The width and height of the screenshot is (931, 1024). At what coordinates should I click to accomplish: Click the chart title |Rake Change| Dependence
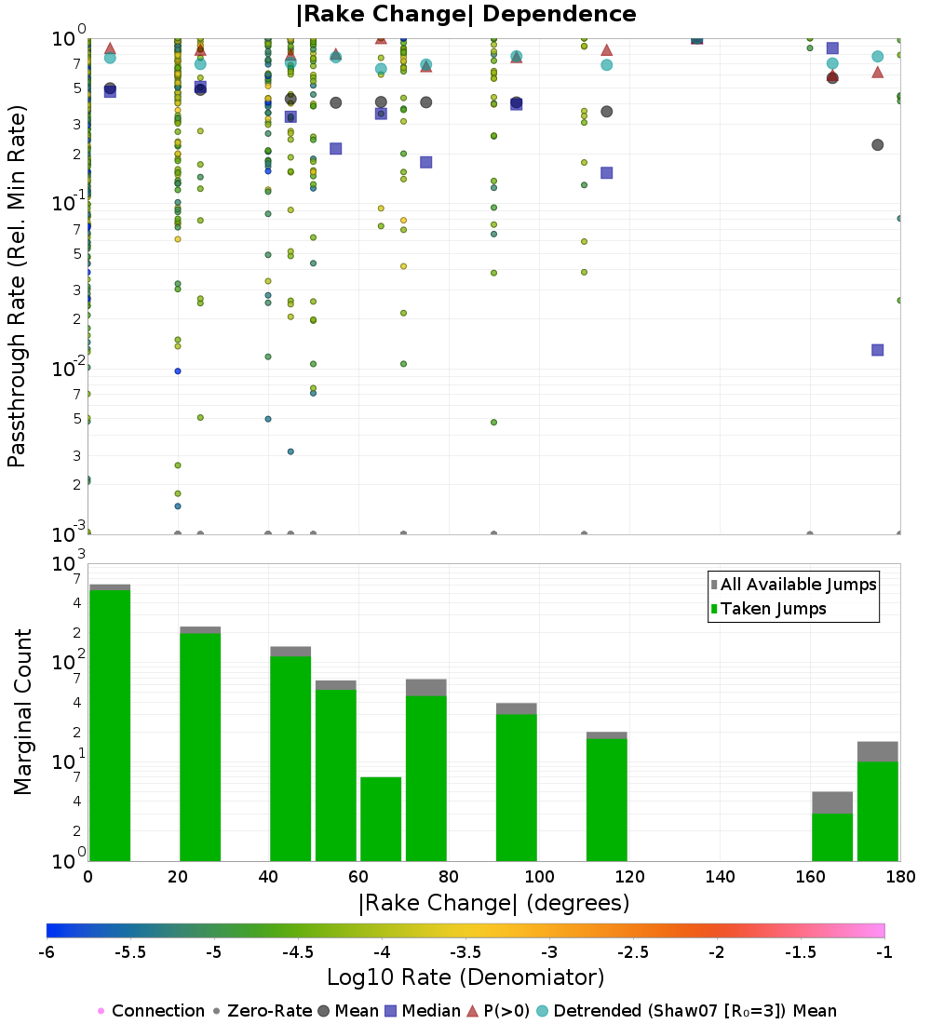(465, 14)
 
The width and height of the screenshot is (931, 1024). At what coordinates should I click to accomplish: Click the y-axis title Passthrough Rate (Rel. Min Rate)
(17, 286)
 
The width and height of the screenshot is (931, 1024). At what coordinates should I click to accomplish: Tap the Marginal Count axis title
(22, 712)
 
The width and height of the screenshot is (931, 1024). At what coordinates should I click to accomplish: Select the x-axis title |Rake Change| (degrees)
(494, 903)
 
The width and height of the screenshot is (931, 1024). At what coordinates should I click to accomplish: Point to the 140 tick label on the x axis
(720, 876)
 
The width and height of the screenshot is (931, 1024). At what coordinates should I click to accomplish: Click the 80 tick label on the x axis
(449, 876)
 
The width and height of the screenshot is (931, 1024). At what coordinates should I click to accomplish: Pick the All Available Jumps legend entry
(793, 585)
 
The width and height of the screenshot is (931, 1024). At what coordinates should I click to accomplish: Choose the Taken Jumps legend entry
(768, 609)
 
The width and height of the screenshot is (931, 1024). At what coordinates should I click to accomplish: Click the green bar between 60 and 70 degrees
(381, 819)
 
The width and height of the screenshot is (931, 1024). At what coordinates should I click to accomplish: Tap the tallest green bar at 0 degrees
(110, 725)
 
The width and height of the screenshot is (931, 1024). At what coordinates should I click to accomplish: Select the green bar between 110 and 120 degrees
(606, 800)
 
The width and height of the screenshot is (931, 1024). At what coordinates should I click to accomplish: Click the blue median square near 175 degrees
(877, 350)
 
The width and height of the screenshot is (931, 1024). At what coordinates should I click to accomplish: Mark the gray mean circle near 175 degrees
(877, 145)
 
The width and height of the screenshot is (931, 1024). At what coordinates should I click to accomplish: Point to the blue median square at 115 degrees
(606, 173)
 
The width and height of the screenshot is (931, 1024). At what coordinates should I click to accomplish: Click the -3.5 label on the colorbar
(466, 952)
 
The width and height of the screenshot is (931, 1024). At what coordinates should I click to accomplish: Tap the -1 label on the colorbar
(884, 952)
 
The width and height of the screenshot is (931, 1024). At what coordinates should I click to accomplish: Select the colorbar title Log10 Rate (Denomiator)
(465, 977)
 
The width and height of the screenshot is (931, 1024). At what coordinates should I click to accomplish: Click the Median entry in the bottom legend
(424, 1011)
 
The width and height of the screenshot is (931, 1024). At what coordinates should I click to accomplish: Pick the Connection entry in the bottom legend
(152, 1011)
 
